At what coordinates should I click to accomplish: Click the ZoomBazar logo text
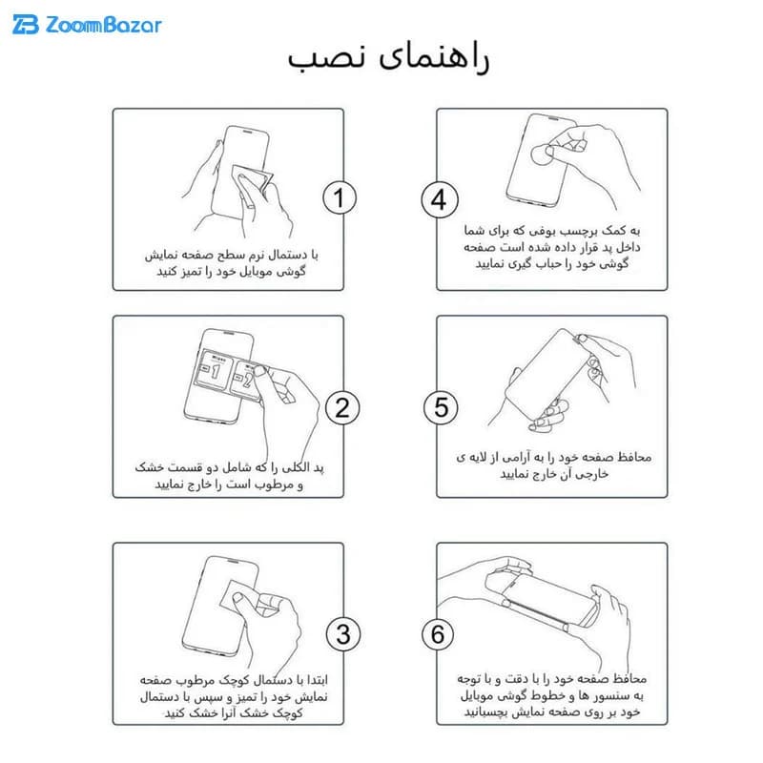[x=103, y=25]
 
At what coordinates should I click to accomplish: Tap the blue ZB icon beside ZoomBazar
[x=26, y=25]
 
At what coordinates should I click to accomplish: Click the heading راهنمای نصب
[x=388, y=58]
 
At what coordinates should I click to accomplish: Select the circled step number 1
[x=340, y=198]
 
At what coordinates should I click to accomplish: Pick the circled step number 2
[x=342, y=408]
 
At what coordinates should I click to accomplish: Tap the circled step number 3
[x=343, y=634]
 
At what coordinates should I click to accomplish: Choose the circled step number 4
[x=440, y=200]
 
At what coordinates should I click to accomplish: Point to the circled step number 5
[x=441, y=407]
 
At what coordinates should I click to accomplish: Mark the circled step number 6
[x=438, y=634]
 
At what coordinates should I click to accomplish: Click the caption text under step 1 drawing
[x=231, y=263]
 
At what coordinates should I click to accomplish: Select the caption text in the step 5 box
[x=554, y=464]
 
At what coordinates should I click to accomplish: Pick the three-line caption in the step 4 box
[x=552, y=247]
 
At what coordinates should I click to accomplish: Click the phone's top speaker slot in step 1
[x=248, y=132]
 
